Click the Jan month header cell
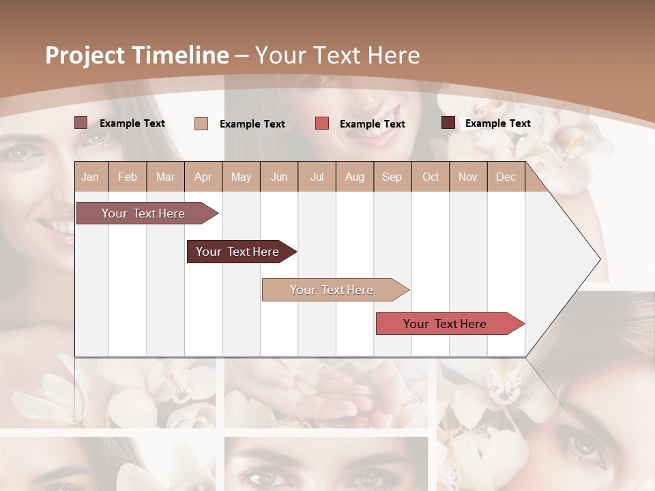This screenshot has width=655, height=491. [x=91, y=177]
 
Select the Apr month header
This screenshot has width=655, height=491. [x=203, y=177]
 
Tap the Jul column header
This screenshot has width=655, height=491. [x=317, y=177]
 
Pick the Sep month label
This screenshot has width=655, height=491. [x=392, y=177]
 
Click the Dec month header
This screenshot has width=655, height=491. [x=506, y=177]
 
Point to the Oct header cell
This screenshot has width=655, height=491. [x=431, y=177]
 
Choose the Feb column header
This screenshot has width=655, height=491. [x=128, y=177]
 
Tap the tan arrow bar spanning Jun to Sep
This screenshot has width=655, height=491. [x=332, y=290]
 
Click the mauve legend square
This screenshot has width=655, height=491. [x=81, y=123]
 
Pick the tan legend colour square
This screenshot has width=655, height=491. [x=201, y=123]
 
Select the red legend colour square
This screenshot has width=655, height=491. [x=321, y=123]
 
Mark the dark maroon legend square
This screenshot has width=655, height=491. [x=448, y=123]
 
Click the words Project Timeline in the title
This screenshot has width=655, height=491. [x=136, y=55]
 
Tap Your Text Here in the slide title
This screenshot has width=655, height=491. [x=337, y=55]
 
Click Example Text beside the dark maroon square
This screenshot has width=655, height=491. [x=497, y=123]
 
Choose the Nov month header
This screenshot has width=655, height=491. [x=467, y=177]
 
